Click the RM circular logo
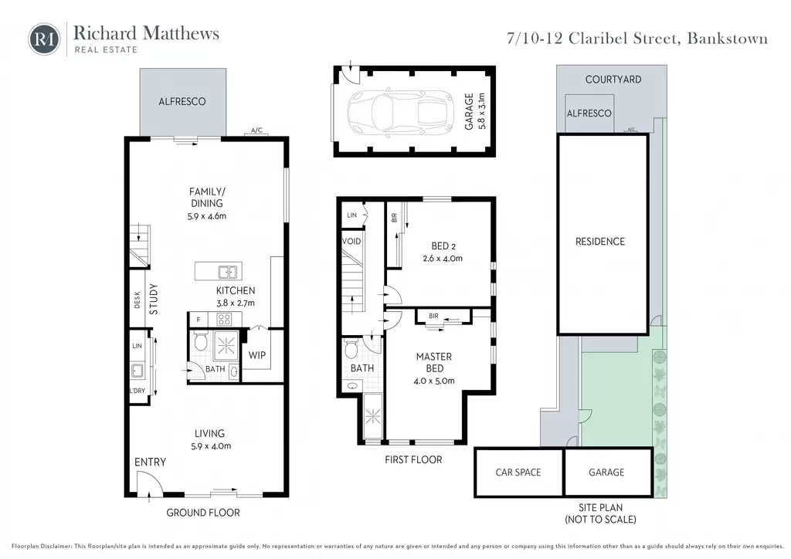[44, 39]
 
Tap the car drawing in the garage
[401, 111]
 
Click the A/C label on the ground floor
[256, 130]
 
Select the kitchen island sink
[228, 273]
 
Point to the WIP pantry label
[256, 355]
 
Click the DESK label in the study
[137, 300]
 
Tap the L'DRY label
[137, 391]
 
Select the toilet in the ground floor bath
[200, 341]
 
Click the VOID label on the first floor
[351, 242]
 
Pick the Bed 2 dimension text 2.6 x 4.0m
[443, 259]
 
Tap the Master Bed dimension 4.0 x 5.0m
[434, 381]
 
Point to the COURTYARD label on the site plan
[613, 80]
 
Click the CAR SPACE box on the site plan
[518, 473]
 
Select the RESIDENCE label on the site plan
[600, 242]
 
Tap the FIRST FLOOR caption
[413, 459]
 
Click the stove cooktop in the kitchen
[224, 319]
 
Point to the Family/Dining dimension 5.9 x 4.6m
[207, 216]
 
